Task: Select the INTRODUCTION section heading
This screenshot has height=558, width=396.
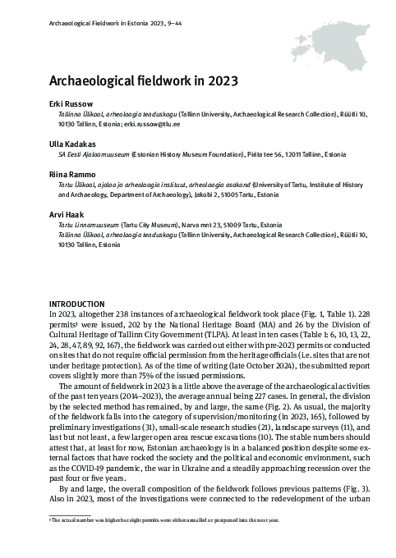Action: [x=75, y=304]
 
